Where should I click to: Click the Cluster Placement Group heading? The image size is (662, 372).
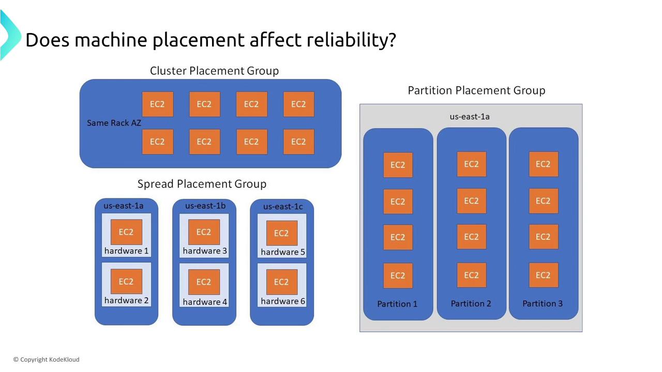click(x=214, y=71)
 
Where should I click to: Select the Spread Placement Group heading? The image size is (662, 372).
click(x=202, y=184)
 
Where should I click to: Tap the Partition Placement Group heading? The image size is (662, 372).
click(x=476, y=90)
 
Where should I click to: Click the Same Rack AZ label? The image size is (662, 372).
click(x=114, y=123)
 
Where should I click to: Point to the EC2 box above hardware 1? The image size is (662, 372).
click(x=126, y=232)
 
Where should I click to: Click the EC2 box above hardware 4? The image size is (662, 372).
click(x=204, y=282)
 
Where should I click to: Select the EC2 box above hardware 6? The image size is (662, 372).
click(x=281, y=282)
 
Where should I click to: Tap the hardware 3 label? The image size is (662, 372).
click(x=205, y=251)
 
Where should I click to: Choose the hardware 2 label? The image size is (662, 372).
click(x=126, y=301)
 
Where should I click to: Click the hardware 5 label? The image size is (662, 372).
click(x=283, y=252)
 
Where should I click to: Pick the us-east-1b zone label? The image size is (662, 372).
click(x=205, y=206)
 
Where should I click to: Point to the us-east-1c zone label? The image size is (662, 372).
click(x=283, y=207)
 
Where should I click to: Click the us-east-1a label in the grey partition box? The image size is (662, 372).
click(x=470, y=117)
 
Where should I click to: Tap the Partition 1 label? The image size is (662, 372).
click(x=397, y=304)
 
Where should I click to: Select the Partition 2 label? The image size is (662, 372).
click(x=471, y=303)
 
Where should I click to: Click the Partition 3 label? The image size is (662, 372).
click(x=543, y=303)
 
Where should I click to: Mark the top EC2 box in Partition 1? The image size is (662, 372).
click(x=398, y=165)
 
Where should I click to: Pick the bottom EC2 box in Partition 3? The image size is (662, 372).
click(x=543, y=275)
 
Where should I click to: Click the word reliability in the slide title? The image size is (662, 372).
click(x=351, y=40)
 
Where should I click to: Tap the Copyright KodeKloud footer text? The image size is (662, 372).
click(x=47, y=360)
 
